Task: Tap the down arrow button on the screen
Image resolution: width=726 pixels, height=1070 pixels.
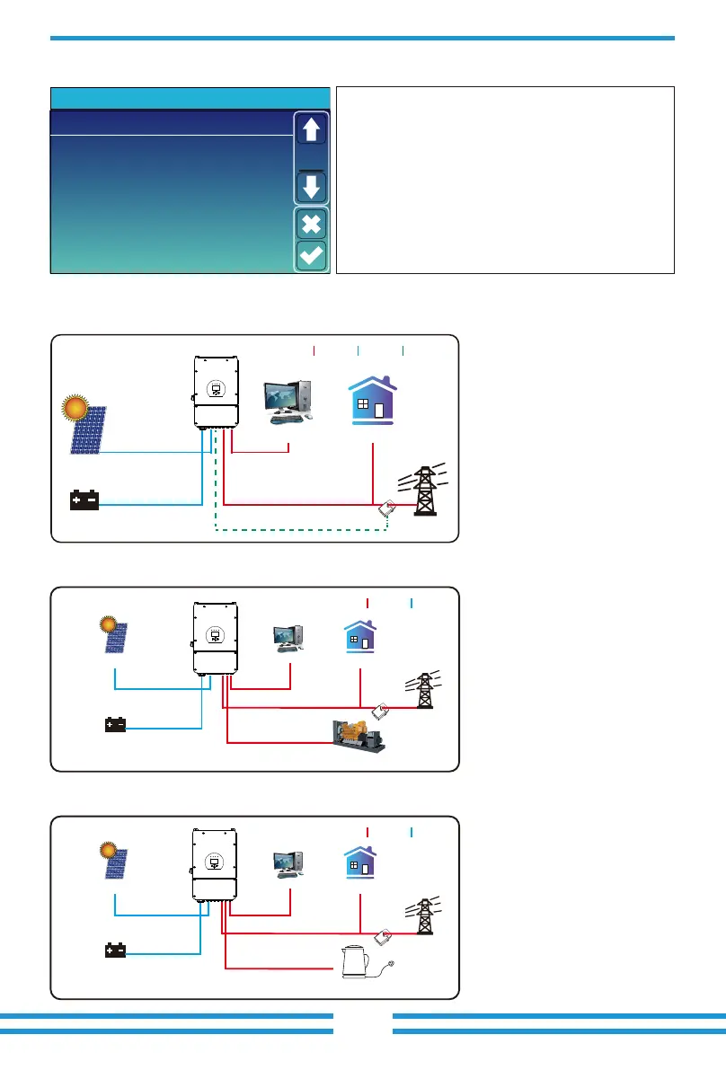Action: [311, 188]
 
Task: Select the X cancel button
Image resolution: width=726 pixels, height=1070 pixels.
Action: [311, 224]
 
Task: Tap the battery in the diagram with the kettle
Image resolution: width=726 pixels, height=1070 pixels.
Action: [115, 951]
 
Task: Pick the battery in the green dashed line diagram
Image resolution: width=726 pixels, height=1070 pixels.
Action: [85, 500]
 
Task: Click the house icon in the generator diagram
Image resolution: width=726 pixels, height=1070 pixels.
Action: [359, 638]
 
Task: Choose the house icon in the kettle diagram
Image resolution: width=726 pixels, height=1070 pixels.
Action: [359, 864]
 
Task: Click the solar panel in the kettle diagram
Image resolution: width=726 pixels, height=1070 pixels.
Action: [115, 865]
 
